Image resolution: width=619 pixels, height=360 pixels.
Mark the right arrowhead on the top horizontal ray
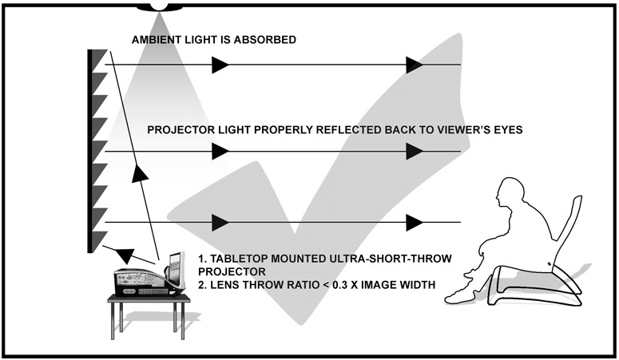[x=413, y=65]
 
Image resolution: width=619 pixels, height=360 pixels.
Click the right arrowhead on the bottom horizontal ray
[x=413, y=221]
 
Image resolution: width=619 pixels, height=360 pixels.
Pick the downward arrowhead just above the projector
[x=124, y=253]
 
